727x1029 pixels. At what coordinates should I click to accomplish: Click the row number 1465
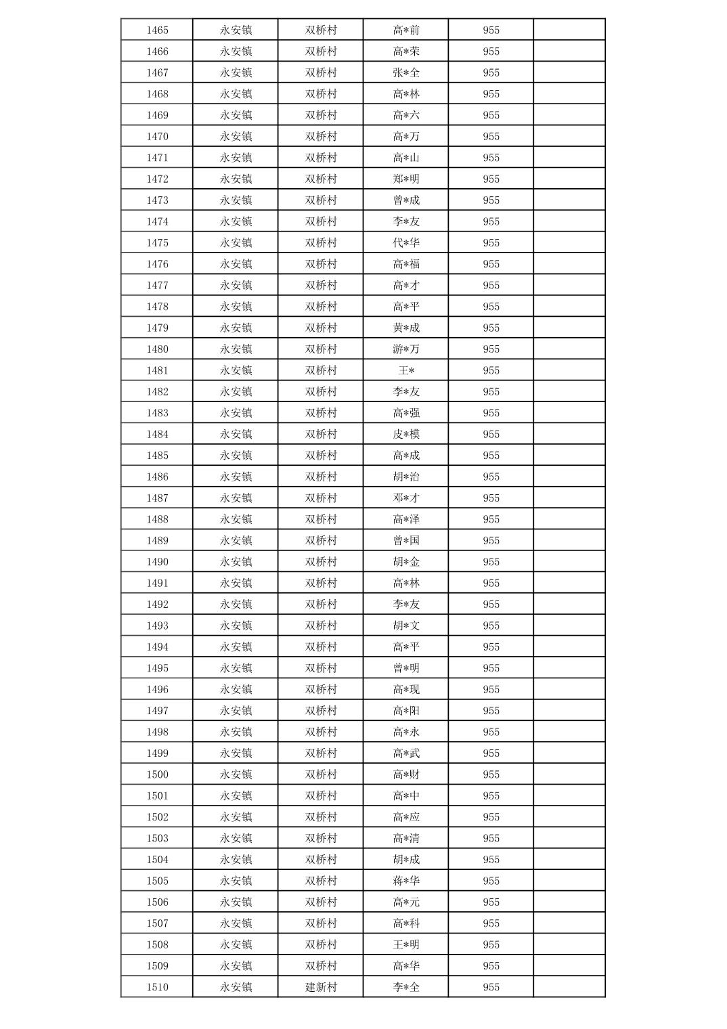pos(157,30)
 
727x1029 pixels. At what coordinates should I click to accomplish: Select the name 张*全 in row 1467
pos(406,72)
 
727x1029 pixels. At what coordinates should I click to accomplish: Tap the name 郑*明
pos(406,179)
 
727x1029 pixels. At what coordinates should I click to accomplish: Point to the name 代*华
pos(406,242)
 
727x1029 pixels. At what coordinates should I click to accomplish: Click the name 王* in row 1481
pos(406,370)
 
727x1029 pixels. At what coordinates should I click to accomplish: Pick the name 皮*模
pos(406,434)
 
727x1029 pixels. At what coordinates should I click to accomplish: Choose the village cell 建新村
pos(321,987)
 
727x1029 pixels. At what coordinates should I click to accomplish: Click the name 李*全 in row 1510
pos(406,987)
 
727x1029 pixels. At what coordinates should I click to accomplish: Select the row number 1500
pos(157,774)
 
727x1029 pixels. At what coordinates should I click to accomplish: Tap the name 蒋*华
pos(406,881)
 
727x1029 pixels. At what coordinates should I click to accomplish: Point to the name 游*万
pos(406,349)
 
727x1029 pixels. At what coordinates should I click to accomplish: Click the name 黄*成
pos(406,328)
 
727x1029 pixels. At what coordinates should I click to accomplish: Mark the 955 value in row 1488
pos(491,519)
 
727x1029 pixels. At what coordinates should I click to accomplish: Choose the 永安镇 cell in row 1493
pos(236,626)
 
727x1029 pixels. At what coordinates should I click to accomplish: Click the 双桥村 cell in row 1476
pos(321,264)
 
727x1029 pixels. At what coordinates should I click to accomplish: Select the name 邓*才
pos(406,498)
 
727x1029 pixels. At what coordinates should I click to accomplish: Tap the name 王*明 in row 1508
pos(406,944)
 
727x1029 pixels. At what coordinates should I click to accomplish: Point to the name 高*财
pos(406,774)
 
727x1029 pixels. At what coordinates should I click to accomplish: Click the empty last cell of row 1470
pos(569,136)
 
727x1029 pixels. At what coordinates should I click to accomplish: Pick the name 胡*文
pos(406,626)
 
